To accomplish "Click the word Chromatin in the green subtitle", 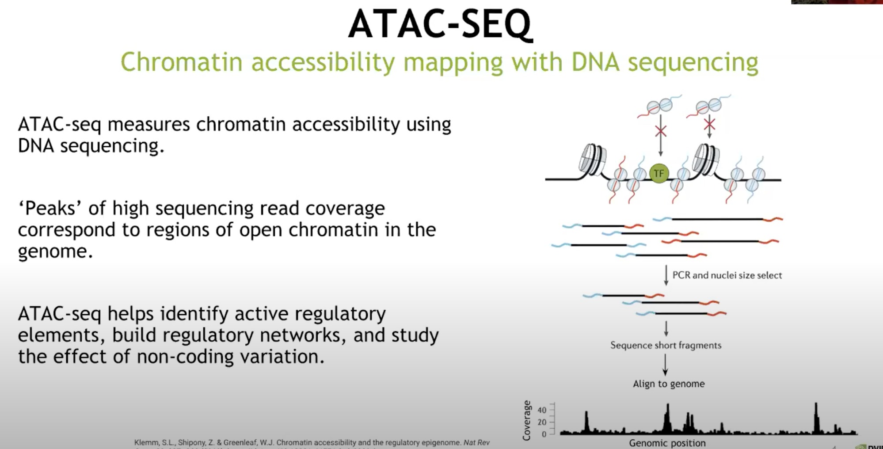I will [181, 62].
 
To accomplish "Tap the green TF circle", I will [658, 173].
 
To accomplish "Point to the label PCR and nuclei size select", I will [727, 275].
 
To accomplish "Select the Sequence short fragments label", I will [666, 345].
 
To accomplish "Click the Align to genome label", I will [668, 384].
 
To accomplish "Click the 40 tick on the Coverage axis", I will [542, 410].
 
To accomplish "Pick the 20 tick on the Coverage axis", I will [542, 422].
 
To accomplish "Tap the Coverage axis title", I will [526, 420].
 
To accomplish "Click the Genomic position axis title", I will [667, 443].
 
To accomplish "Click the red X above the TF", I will [661, 131].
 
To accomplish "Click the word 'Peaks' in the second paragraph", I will [50, 208].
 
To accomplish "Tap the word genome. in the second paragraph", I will [55, 251].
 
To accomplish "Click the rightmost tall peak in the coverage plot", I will [816, 418].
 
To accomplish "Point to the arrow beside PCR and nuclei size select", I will [666, 275].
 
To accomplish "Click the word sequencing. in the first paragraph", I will [112, 146].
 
